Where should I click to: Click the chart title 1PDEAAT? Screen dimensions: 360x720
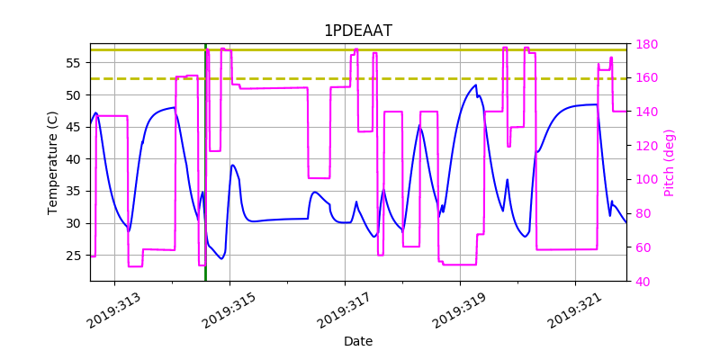[x=358, y=31]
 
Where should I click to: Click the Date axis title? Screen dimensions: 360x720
[x=358, y=341]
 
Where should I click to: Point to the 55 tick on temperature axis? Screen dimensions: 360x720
[x=75, y=63]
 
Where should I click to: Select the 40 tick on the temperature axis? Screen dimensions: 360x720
[x=75, y=159]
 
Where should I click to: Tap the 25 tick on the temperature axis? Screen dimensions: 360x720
[x=75, y=256]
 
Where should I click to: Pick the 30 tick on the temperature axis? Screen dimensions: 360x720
[x=75, y=223]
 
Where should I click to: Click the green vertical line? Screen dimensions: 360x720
[x=205, y=180]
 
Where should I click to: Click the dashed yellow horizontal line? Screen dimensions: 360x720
[x=405, y=78]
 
